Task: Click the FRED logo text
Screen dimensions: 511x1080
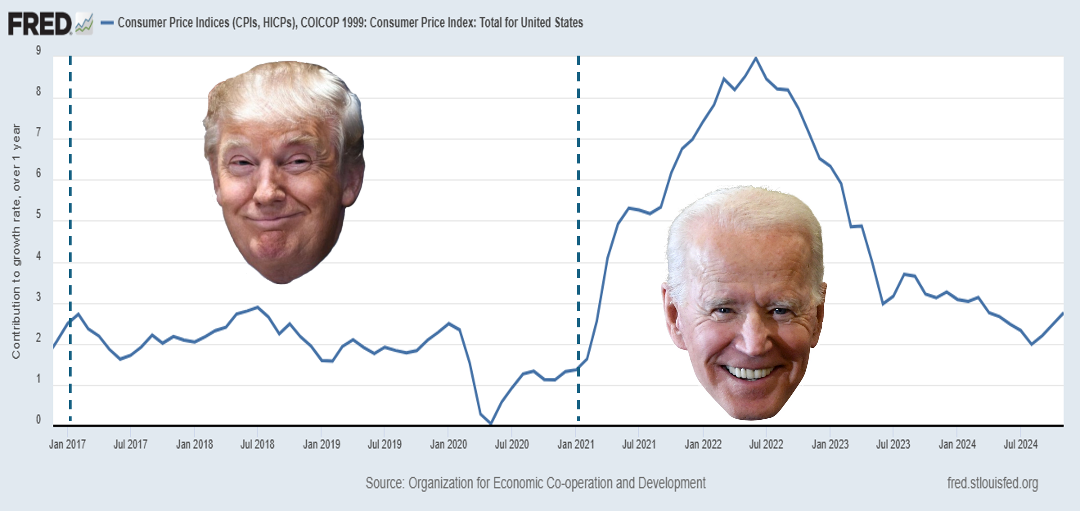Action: (x=40, y=24)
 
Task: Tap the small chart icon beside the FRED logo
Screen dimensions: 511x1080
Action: (x=84, y=24)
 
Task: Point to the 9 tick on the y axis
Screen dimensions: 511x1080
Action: (x=39, y=51)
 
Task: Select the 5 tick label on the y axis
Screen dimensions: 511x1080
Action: (x=39, y=214)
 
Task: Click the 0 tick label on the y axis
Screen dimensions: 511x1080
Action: (x=39, y=419)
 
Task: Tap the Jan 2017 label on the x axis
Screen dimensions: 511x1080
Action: (x=67, y=444)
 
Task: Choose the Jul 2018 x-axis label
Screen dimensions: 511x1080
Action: (x=257, y=444)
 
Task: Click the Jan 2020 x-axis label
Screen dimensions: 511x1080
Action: (x=448, y=444)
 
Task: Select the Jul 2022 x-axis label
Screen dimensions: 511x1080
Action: (x=766, y=444)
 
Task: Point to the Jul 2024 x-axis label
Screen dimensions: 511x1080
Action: (x=1020, y=444)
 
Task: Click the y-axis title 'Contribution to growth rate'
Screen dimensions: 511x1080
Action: (x=16, y=241)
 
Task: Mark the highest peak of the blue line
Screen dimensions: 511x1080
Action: (x=756, y=58)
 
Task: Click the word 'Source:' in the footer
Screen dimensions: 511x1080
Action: (x=384, y=483)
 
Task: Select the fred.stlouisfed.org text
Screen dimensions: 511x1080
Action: (x=992, y=483)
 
